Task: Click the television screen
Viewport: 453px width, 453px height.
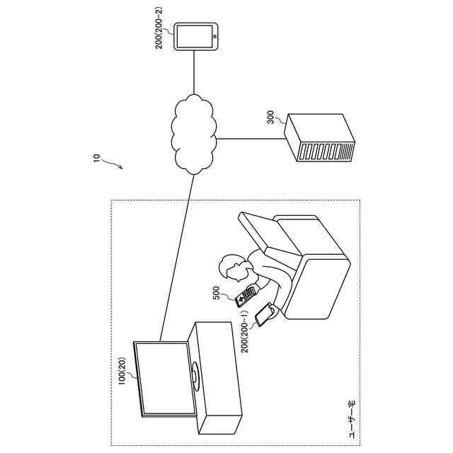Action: pos(164,378)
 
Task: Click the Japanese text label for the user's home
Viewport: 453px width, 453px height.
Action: pos(350,417)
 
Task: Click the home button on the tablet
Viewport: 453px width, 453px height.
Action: pos(212,37)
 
